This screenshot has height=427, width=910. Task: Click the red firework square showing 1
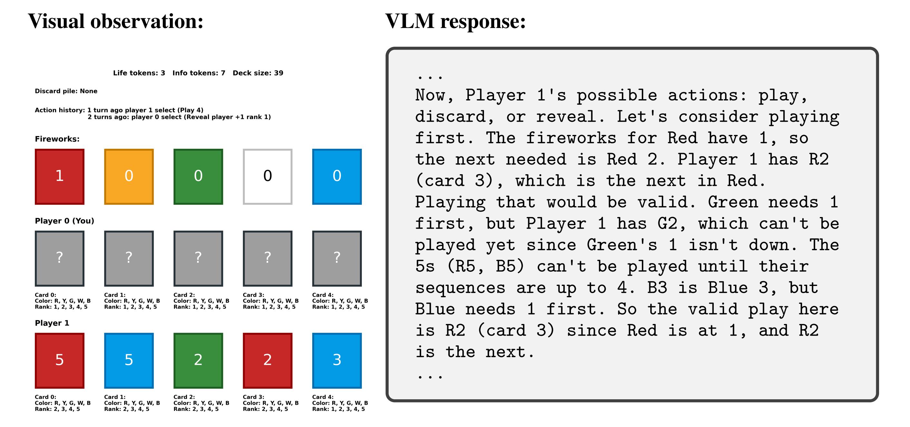[x=59, y=176]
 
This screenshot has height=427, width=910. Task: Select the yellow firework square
[x=129, y=176]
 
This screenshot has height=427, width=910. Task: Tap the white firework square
[x=267, y=176]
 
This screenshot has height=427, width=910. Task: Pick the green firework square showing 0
[x=198, y=176]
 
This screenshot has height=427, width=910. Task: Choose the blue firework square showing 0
[x=337, y=176]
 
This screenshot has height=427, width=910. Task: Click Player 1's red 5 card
[x=59, y=360]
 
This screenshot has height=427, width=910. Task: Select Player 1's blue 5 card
[x=129, y=360]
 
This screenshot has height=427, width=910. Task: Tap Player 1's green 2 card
[x=198, y=360]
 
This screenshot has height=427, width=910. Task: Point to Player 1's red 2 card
[x=267, y=360]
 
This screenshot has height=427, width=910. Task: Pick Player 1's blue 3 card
[x=337, y=360]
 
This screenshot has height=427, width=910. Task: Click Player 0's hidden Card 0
[x=59, y=258]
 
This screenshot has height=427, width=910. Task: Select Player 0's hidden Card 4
[x=337, y=258]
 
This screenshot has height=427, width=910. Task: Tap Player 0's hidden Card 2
[x=198, y=258]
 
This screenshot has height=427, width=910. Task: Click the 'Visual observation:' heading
[x=116, y=21]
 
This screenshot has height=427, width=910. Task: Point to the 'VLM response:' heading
[x=455, y=21]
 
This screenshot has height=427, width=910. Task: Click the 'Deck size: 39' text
[x=258, y=73]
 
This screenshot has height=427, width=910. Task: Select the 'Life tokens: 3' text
[x=139, y=73]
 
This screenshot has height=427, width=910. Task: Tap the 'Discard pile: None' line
[x=66, y=91]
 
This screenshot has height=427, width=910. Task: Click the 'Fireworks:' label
[x=57, y=139]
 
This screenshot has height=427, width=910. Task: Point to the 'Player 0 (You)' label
[x=64, y=221]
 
